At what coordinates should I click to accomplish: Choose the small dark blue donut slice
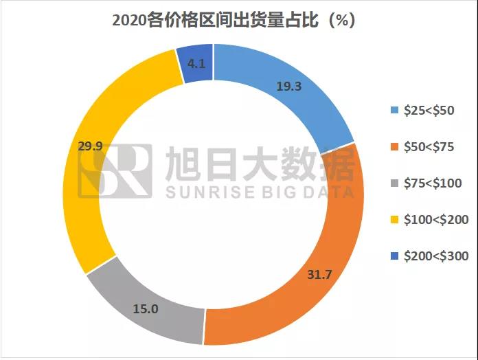[196, 63]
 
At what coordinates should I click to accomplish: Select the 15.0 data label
[146, 309]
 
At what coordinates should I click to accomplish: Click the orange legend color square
[394, 147]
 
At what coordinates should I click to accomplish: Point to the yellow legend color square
[394, 220]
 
